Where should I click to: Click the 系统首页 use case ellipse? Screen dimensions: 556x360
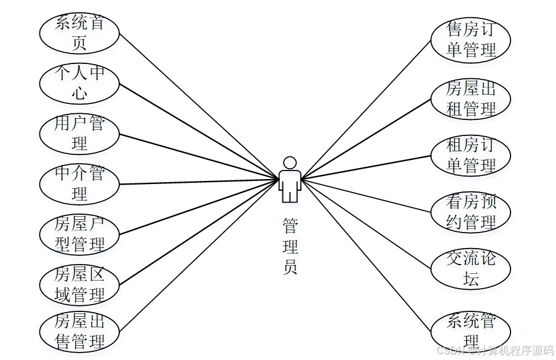(79, 33)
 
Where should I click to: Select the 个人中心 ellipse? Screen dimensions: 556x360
(79, 83)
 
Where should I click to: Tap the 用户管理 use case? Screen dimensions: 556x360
(79, 134)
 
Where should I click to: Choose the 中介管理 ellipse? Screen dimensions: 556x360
(79, 183)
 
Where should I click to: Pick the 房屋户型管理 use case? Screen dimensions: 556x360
(79, 234)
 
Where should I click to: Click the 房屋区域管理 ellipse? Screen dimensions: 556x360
(79, 284)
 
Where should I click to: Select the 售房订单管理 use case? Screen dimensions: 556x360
(471, 41)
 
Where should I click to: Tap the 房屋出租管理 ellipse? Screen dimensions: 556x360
(471, 98)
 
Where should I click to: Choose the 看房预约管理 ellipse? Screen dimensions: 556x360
(471, 212)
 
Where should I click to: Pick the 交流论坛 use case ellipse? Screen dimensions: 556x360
(471, 269)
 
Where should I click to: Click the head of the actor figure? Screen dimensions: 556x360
(290, 162)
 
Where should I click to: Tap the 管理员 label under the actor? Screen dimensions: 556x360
(290, 246)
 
